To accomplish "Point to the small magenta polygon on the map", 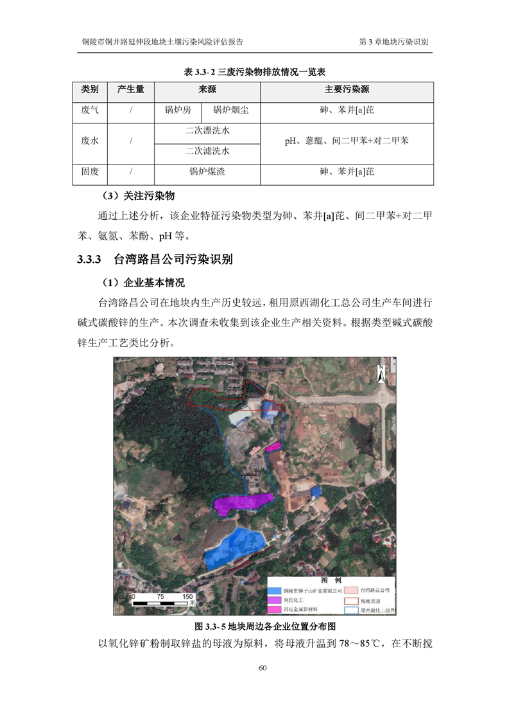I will click(273, 446).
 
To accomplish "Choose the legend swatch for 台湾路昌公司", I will click(350, 589).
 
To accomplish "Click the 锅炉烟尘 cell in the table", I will click(231, 111).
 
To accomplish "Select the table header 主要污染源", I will click(347, 89).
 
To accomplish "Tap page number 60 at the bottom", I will click(263, 668).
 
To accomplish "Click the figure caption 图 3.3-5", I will click(207, 626).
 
